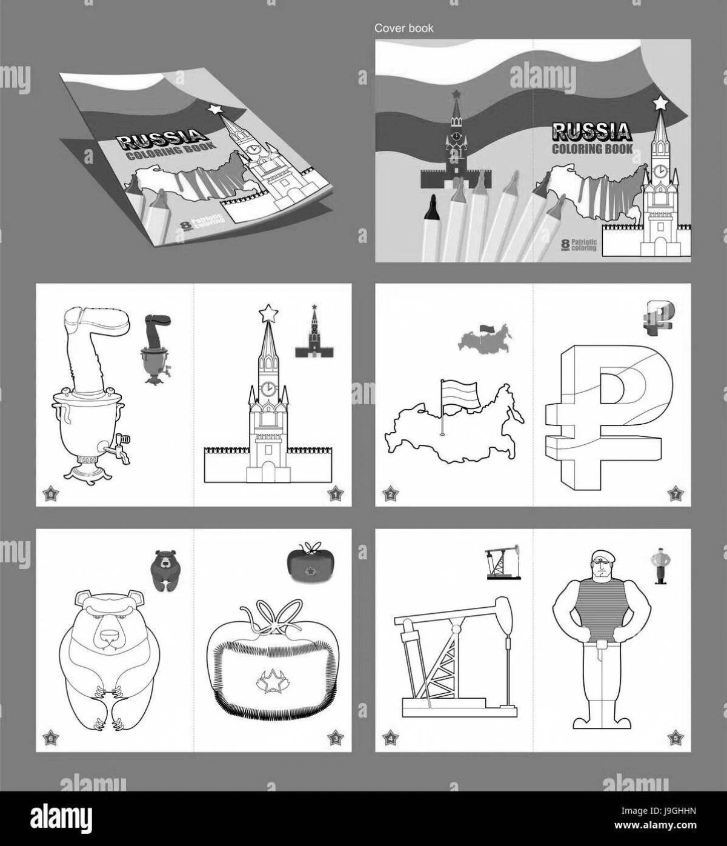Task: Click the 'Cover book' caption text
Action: [x=403, y=28]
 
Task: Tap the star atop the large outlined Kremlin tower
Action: [x=268, y=313]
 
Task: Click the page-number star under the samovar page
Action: [x=50, y=495]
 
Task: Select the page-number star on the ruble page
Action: [x=673, y=493]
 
